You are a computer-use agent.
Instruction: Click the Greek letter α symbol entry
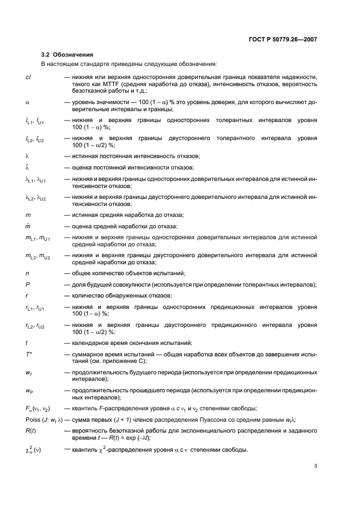(27, 101)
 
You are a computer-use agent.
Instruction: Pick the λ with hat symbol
(27, 167)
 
